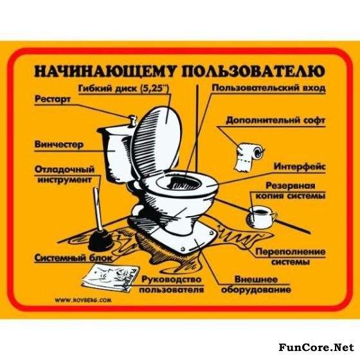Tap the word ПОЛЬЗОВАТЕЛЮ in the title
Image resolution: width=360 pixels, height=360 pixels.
253,71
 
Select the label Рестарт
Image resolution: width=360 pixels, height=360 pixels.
53,100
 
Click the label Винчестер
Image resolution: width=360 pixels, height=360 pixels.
59,145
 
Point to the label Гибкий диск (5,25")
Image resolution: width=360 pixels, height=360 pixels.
123,89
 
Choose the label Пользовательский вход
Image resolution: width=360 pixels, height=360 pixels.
269,89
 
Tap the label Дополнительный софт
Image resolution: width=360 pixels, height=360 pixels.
276,121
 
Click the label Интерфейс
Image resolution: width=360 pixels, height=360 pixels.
300,166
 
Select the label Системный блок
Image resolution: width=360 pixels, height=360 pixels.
74,258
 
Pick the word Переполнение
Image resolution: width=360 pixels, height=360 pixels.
291,252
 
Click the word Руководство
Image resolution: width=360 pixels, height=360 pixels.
171,280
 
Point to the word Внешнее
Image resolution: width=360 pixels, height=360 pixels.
256,280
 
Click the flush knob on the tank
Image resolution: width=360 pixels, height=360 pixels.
132,120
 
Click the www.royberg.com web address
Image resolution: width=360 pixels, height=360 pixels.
83,300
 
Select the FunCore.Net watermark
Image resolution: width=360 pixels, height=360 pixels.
316,347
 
